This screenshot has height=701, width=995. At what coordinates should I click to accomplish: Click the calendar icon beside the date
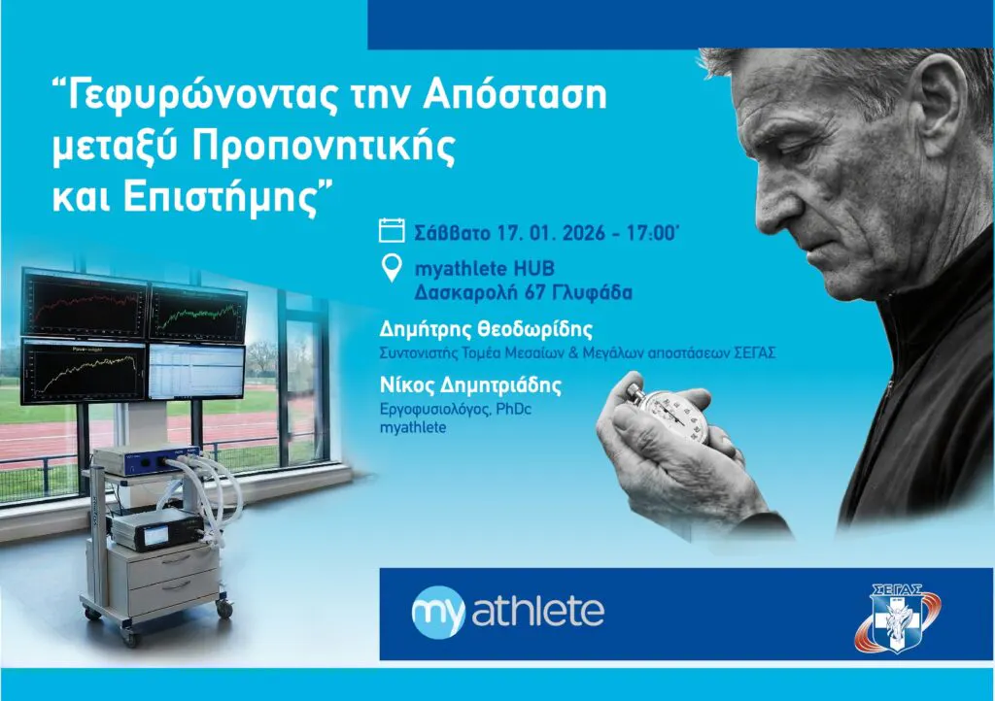tap(391, 230)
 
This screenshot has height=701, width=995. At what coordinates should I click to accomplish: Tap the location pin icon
tap(391, 267)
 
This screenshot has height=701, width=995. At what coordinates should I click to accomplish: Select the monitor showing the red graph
tap(85, 304)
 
